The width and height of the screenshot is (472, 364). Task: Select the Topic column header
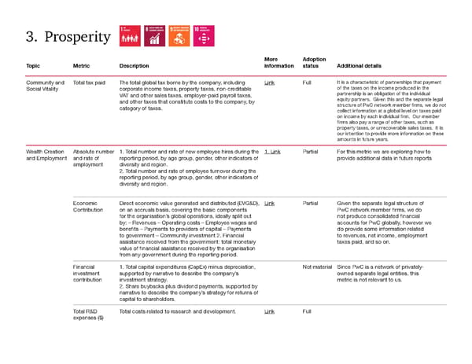pyautogui.click(x=33, y=66)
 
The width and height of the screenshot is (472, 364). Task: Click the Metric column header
pyautogui.click(x=81, y=66)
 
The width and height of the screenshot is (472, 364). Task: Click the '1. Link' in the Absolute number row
pyautogui.click(x=272, y=152)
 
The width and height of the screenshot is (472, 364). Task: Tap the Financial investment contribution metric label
pyautogui.click(x=87, y=274)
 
